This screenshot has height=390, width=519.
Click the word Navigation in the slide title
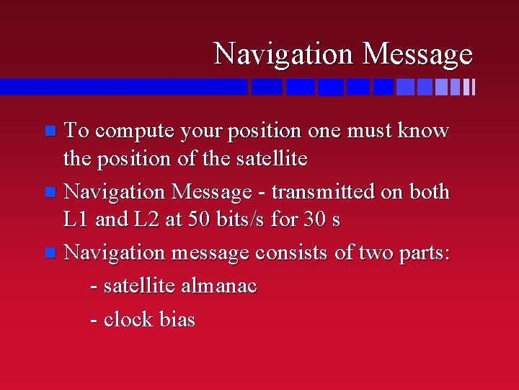[285, 54]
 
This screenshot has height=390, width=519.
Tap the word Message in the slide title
[417, 54]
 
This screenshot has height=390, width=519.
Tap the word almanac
[218, 286]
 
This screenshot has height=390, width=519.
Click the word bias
[177, 319]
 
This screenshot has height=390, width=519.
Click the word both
[429, 192]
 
